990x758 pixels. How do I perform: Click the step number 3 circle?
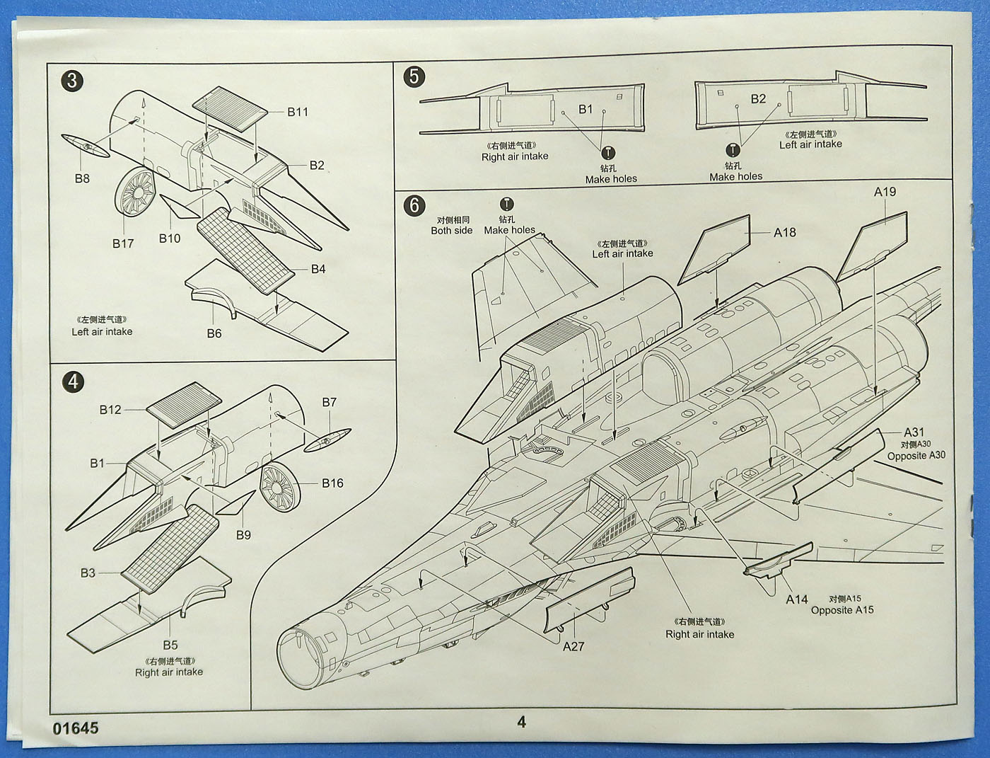(x=72, y=80)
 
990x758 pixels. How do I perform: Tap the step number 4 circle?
(x=73, y=382)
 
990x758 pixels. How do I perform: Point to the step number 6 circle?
(x=414, y=205)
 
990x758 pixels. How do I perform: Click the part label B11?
(x=298, y=112)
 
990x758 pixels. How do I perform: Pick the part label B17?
(x=123, y=243)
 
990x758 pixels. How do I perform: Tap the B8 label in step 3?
(x=82, y=178)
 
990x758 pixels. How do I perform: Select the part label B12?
(x=110, y=410)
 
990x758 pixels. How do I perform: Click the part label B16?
(x=332, y=483)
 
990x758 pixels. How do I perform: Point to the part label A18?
(x=784, y=232)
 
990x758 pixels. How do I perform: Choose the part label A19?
(x=885, y=192)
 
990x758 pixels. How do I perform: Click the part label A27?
(x=573, y=646)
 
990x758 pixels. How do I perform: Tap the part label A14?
(x=797, y=599)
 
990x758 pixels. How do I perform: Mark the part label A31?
(x=914, y=432)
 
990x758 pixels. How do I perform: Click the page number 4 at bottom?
(x=522, y=722)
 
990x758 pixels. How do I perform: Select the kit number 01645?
(x=76, y=728)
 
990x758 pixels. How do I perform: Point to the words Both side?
(x=452, y=231)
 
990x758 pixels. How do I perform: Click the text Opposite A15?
(x=842, y=610)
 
